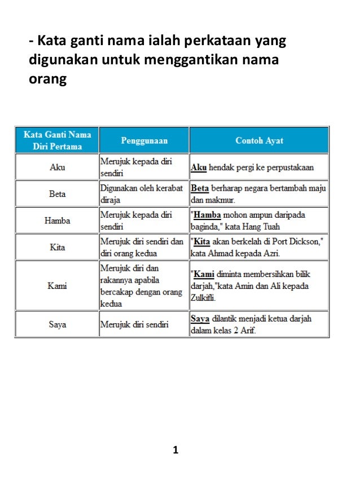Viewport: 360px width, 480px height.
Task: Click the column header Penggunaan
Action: tap(144, 140)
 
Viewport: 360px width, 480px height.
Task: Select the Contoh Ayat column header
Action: tap(259, 140)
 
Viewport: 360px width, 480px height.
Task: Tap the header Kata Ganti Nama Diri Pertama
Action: tap(57, 140)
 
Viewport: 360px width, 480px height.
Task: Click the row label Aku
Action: tap(57, 167)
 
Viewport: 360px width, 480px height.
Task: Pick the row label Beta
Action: tap(57, 193)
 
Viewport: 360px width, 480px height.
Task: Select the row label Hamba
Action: tap(57, 221)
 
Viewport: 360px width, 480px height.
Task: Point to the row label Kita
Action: tap(57, 247)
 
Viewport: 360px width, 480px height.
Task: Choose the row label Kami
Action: tap(57, 285)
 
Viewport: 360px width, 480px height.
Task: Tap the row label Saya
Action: tap(57, 324)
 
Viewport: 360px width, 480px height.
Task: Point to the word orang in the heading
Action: tap(47, 79)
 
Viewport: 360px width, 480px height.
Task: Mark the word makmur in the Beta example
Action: tap(221, 199)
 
